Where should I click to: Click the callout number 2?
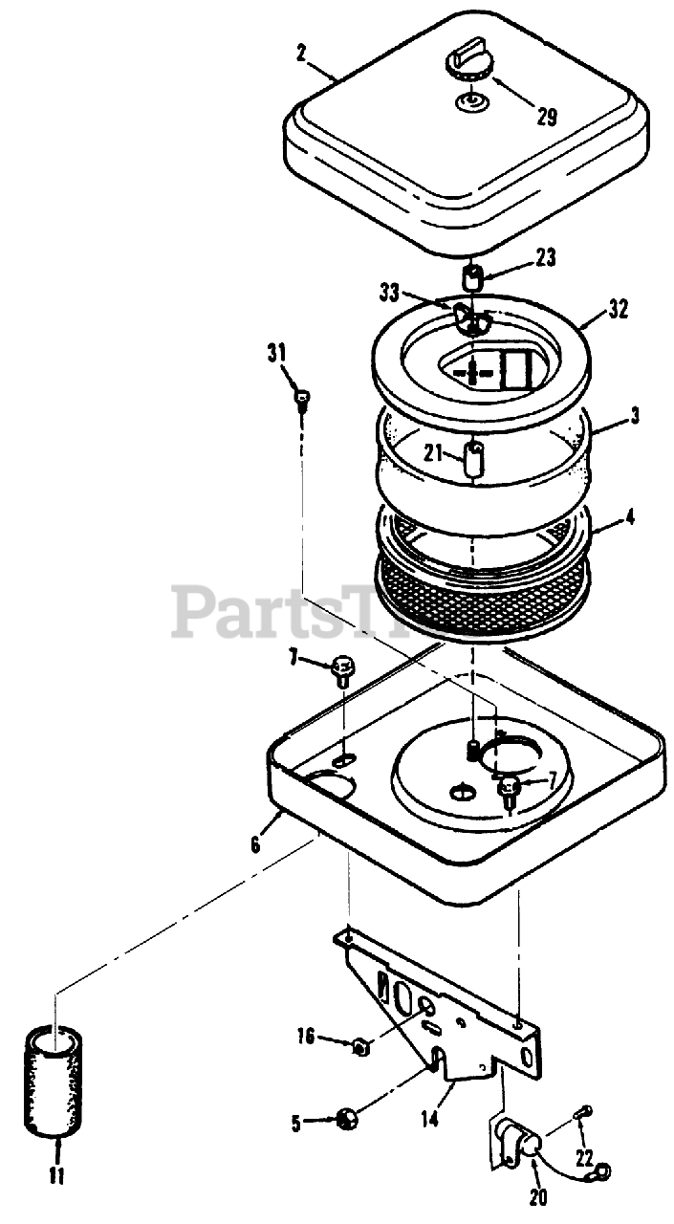coord(301,54)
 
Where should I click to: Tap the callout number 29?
coord(546,118)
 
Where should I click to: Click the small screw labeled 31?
coord(301,399)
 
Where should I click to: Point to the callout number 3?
coord(636,417)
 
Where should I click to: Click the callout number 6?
coord(255,845)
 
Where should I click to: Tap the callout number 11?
coord(56,1174)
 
